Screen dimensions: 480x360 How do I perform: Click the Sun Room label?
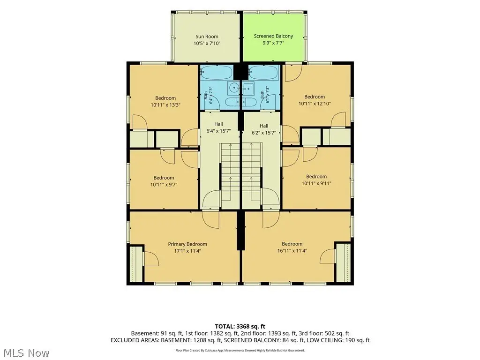coord(207,37)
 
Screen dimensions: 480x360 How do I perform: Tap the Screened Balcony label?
coord(273,36)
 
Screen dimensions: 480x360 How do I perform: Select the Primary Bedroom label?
coord(187,244)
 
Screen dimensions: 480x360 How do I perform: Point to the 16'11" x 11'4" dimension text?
coord(292,251)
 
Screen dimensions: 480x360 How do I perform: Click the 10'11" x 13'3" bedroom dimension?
coord(165,105)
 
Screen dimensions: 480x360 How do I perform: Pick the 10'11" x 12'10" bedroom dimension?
coord(315,104)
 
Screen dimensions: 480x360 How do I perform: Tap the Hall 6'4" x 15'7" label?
coord(218,127)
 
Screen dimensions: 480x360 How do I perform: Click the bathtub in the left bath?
coord(217,73)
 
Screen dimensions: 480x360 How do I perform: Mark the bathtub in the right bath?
coord(263,73)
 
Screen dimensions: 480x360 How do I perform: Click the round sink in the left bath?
coord(234,88)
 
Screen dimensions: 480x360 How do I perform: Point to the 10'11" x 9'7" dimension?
coord(164,184)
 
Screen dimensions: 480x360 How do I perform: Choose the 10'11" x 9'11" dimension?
coord(316,183)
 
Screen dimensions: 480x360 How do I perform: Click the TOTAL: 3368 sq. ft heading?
coord(240,326)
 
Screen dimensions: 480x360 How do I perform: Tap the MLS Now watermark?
coord(24,353)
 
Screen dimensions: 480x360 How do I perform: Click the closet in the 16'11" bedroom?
coord(343,262)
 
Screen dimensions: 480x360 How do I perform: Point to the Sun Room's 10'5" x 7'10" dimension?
coord(207,43)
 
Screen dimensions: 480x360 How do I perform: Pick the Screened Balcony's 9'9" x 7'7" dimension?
coord(273,43)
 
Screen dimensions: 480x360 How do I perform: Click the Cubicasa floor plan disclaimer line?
coord(240,350)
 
